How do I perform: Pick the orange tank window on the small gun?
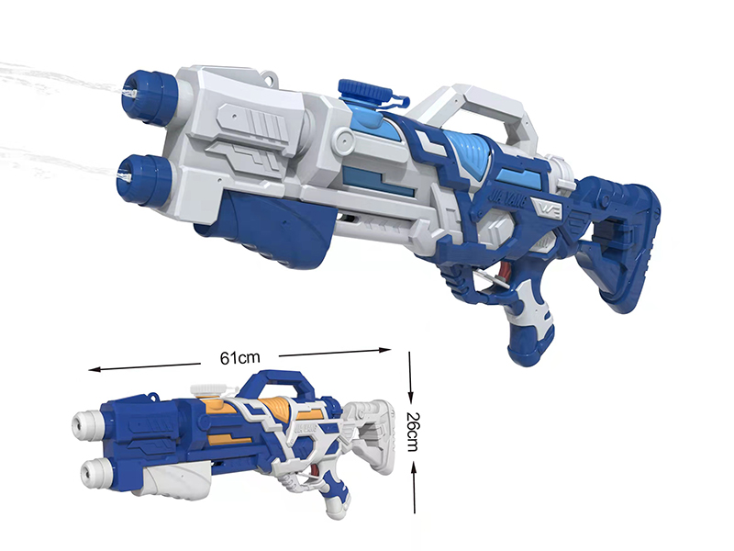pos(275,403)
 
